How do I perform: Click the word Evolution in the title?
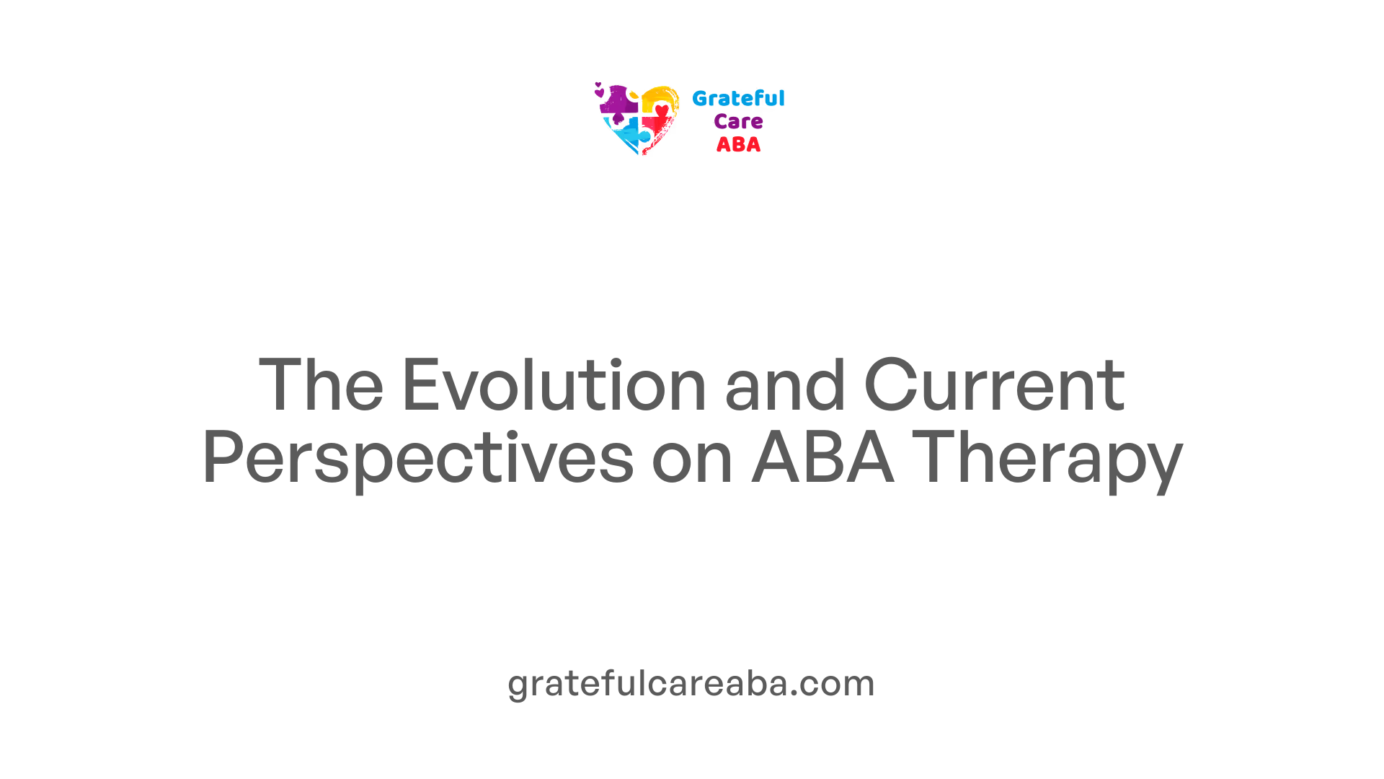point(554,385)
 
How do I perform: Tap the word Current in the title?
point(994,385)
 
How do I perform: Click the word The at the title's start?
point(321,385)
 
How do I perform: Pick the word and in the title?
point(784,385)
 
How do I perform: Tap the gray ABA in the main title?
point(822,457)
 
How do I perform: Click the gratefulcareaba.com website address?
point(691,684)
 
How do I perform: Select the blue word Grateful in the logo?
point(738,99)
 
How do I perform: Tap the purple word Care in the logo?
point(738,122)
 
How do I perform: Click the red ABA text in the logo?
point(738,145)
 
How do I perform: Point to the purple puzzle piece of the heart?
point(618,102)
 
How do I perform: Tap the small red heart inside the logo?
point(662,110)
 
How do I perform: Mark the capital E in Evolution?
point(420,385)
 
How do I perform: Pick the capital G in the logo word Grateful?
point(699,99)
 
